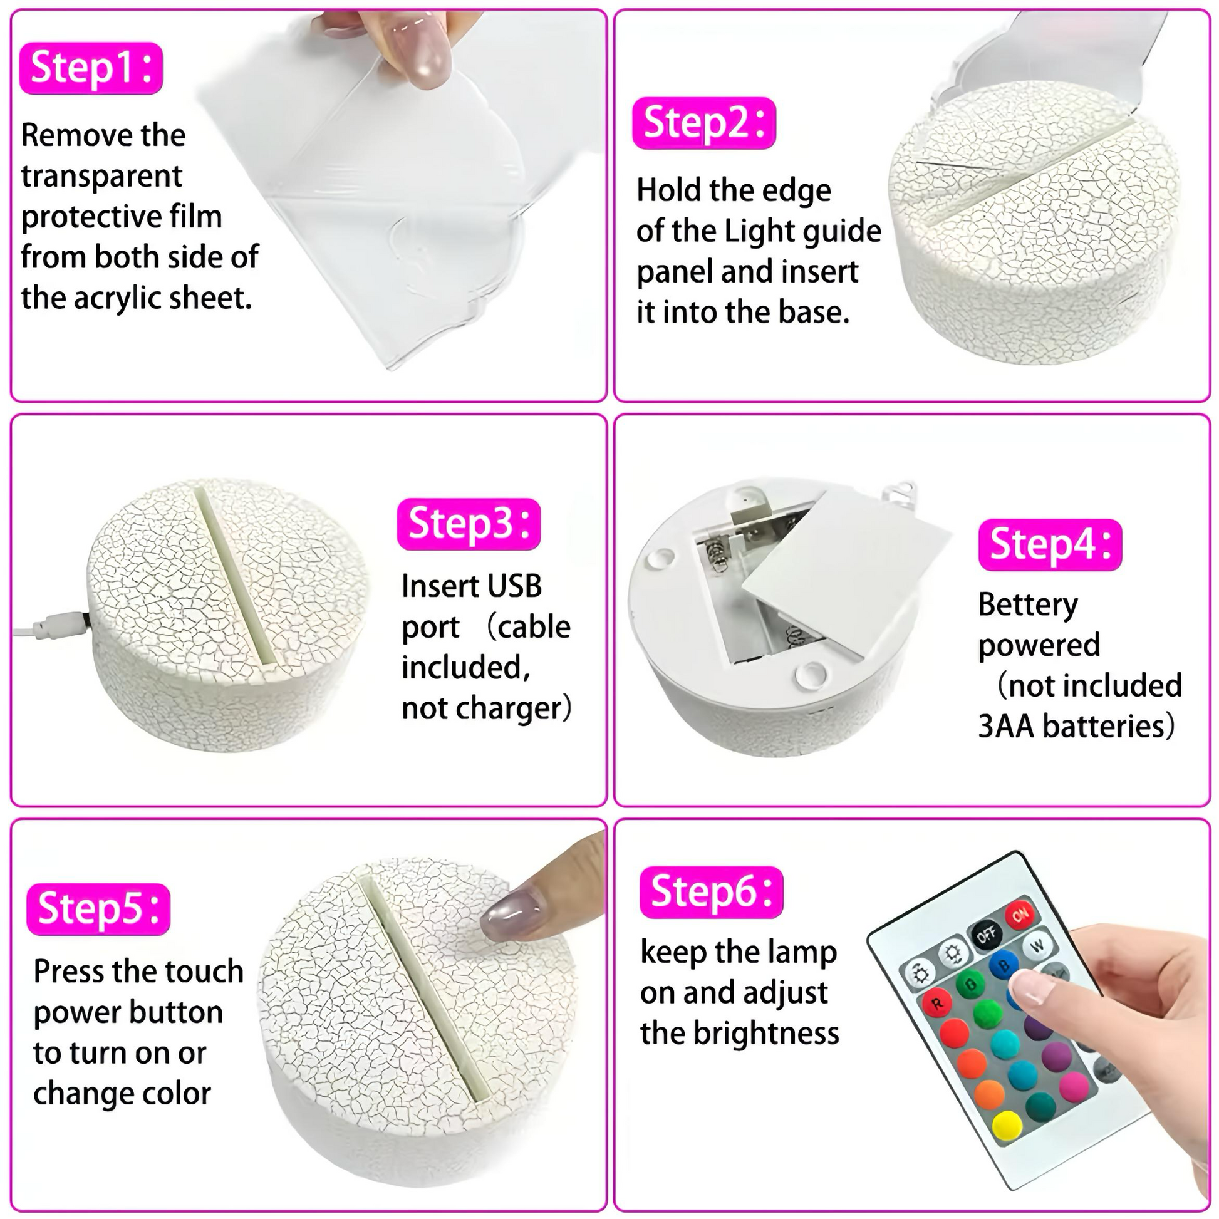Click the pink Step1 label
(x=91, y=68)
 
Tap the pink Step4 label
(x=1050, y=544)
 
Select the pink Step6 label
(x=712, y=892)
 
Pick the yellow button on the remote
(x=1007, y=1126)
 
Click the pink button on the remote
(x=1073, y=1086)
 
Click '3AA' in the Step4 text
(x=1007, y=726)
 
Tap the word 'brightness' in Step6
(x=767, y=1034)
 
